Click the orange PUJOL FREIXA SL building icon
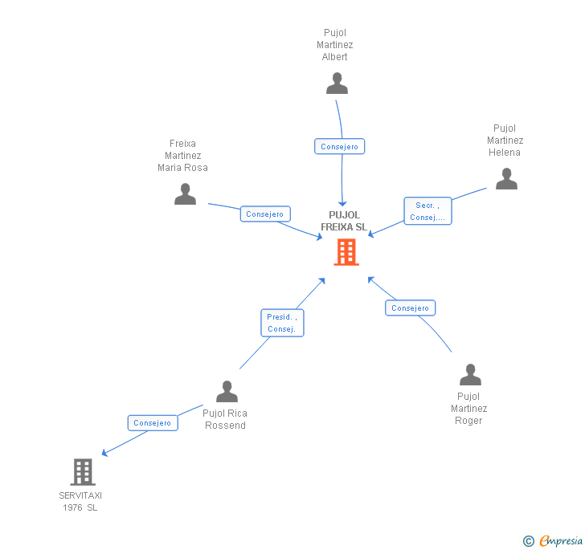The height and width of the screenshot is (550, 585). coord(346,252)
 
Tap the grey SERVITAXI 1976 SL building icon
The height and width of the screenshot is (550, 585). coord(83,471)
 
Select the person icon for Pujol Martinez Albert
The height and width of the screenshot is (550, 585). coord(337,84)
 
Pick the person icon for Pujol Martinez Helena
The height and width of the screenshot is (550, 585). coord(506,178)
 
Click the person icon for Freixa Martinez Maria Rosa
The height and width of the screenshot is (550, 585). coord(185,194)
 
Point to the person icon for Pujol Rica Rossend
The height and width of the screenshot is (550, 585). coord(227,391)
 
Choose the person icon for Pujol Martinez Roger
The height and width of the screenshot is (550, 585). coord(470,374)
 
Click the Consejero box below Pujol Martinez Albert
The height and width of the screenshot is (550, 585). coord(339,147)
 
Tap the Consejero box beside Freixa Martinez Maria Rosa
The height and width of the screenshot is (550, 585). coord(265,214)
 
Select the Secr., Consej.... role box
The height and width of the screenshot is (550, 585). coord(428,211)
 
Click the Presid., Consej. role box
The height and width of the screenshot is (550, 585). coord(282,323)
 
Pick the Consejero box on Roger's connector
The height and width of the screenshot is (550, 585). coord(411,308)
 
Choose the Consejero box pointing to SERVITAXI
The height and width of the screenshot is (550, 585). coord(153,423)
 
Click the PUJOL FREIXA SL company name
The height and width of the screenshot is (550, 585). coord(344,221)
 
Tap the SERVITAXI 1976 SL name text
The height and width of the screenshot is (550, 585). coord(80,502)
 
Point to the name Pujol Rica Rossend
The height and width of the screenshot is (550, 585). coord(225,419)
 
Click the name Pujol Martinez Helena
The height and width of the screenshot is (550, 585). coord(505,141)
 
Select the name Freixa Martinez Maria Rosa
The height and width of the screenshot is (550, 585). coord(182,156)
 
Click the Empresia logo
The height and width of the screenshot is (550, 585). coord(553,540)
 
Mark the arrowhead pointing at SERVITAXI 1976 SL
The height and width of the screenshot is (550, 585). coord(104,453)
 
